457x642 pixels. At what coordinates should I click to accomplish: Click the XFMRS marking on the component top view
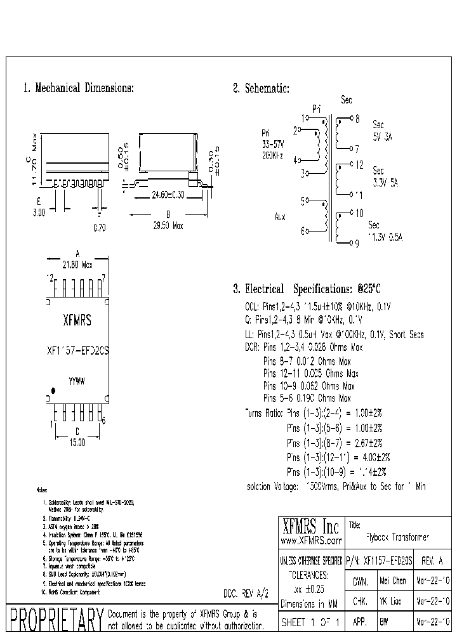tap(77, 321)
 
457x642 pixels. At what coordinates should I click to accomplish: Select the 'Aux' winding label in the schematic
tap(280, 217)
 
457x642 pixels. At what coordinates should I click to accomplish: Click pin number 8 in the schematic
tap(357, 118)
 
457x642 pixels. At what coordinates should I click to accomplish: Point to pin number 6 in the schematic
tap(303, 231)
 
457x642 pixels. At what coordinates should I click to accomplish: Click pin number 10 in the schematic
tap(359, 213)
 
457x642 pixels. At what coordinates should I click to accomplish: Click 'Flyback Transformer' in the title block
tap(398, 536)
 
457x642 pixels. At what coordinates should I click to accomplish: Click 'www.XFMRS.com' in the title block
tap(311, 540)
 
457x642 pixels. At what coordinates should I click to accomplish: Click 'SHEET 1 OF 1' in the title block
tap(310, 622)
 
